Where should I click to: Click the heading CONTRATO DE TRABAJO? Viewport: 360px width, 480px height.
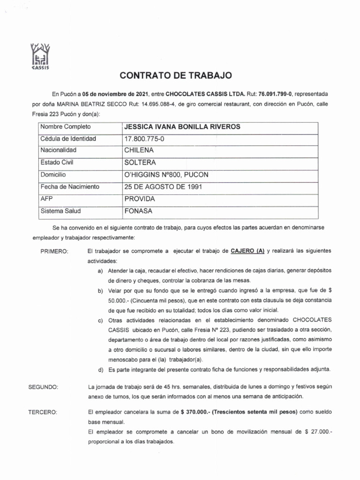[x=176, y=75]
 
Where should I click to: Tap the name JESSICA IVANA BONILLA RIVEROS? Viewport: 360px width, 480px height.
[x=181, y=127]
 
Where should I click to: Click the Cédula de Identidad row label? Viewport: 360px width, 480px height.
[x=68, y=139]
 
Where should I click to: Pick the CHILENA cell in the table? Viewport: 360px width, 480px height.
[x=139, y=150]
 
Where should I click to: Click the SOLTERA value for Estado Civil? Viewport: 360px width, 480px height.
[x=140, y=163]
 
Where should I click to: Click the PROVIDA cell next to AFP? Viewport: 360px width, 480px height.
[x=140, y=199]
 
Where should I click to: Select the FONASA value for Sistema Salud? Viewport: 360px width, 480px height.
[x=139, y=211]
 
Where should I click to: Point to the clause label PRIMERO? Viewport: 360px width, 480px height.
[x=55, y=252]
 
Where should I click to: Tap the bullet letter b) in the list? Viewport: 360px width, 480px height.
[x=100, y=291]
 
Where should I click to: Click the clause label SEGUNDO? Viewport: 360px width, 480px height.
[x=43, y=387]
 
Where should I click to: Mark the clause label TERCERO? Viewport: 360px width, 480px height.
[x=43, y=413]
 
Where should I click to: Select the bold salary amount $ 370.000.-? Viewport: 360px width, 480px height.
[x=194, y=412]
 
